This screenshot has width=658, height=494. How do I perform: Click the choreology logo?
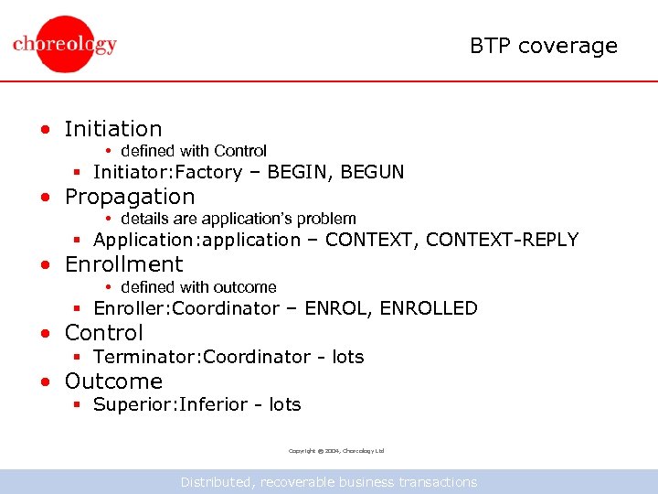65,44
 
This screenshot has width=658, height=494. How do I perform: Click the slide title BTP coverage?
544,46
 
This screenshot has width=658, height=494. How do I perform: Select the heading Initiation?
113,129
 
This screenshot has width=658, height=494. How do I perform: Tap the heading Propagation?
130,197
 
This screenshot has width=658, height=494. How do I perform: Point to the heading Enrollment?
123,264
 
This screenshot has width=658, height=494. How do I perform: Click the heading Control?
104,333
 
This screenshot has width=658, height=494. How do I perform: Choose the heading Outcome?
113,381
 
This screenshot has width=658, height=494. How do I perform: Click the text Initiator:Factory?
167,172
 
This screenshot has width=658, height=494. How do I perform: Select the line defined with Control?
193,151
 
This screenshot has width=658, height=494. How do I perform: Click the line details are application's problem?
238,219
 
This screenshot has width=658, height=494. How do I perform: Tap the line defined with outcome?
197,287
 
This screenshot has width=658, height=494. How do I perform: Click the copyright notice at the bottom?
336,451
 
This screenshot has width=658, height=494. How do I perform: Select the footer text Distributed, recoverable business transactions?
329,482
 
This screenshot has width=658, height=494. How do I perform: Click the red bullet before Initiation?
44,130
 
